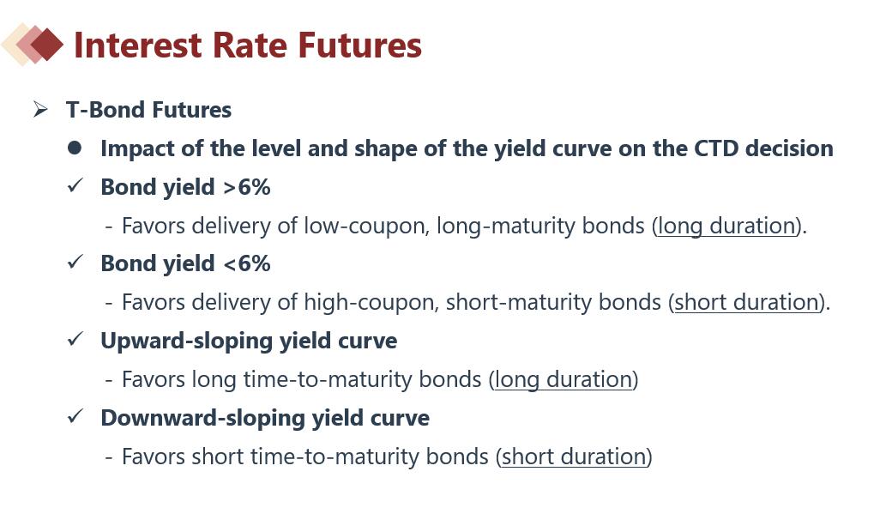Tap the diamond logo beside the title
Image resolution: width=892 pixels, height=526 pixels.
(x=33, y=44)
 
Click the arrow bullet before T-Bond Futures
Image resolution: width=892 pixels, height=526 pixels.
(x=40, y=109)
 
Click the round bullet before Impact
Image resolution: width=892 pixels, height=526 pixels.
(x=74, y=148)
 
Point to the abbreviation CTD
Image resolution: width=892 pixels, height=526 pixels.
(x=716, y=148)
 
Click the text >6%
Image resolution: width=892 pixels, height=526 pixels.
(x=247, y=187)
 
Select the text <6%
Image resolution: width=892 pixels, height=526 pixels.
(x=247, y=263)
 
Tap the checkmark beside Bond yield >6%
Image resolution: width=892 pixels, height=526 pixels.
(x=75, y=185)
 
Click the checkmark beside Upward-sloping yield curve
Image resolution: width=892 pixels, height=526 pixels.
(x=75, y=339)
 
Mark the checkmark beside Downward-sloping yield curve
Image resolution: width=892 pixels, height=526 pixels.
(x=75, y=416)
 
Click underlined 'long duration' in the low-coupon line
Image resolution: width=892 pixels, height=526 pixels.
(x=726, y=226)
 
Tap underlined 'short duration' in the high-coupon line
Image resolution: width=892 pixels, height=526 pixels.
(x=746, y=302)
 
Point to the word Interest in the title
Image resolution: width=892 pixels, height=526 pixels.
(x=138, y=45)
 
